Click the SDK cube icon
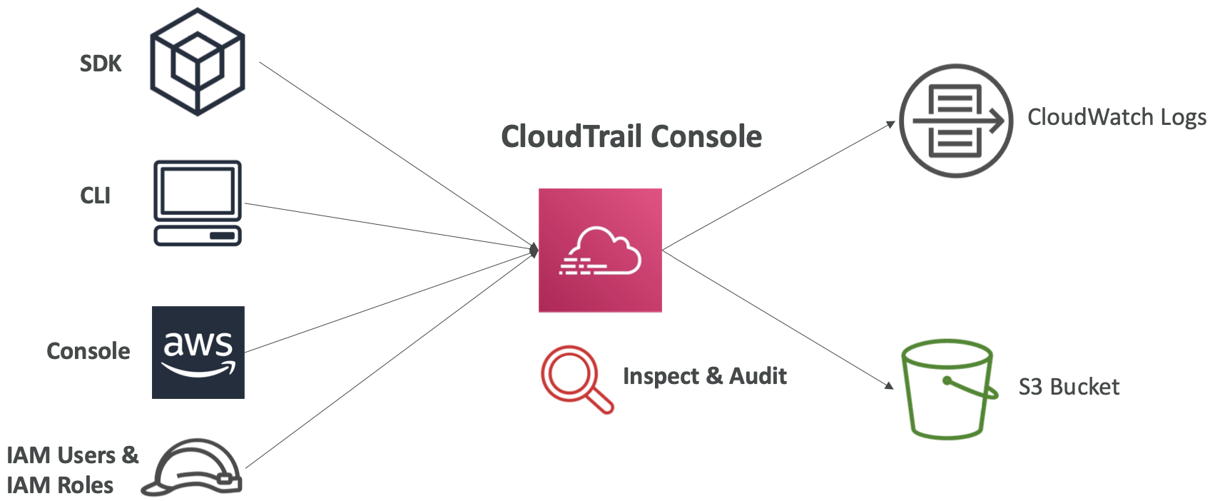(198, 62)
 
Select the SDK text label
(101, 64)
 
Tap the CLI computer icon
(198, 203)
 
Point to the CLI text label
(95, 196)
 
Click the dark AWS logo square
(198, 353)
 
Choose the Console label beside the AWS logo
(88, 351)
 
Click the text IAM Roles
(60, 485)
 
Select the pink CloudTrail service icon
(600, 250)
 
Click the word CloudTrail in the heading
(571, 136)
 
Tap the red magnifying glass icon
(575, 378)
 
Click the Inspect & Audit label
(705, 376)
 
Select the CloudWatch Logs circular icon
(955, 121)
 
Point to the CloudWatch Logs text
(1117, 117)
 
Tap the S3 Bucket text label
(1069, 387)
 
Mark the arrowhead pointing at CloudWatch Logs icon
(890, 124)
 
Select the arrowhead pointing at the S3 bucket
(889, 386)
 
